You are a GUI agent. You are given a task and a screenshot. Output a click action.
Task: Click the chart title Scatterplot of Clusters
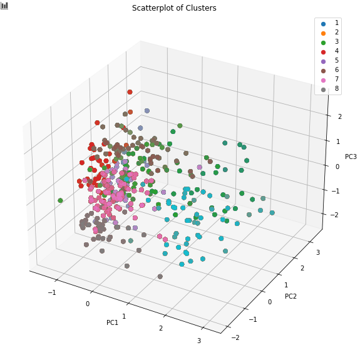coord(174,8)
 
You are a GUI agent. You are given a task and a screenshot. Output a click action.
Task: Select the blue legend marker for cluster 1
coord(323,24)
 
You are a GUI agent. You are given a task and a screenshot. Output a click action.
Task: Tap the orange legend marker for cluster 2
coord(323,33)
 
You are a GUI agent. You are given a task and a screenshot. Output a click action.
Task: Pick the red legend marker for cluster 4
coord(323,52)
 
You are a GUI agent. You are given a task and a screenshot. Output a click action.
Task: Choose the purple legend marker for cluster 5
coord(323,61)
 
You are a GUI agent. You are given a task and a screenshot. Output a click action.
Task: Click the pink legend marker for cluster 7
coord(323,80)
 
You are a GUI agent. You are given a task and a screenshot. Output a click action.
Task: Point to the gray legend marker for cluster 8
coord(323,90)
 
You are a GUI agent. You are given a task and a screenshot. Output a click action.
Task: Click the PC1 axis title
coord(112,322)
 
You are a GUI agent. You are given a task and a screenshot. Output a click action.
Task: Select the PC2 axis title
coord(291,296)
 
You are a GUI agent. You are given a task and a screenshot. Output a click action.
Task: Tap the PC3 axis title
coord(351,157)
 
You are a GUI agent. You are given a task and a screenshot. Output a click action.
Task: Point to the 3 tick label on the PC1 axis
coord(199,341)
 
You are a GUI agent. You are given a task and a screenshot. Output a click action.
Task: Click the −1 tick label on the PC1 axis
coord(52,292)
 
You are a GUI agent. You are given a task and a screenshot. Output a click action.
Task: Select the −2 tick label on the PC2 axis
coord(235,337)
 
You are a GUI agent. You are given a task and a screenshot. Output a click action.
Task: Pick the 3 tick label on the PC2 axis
coord(318,252)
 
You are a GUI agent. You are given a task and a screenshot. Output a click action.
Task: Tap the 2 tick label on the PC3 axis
coord(340,116)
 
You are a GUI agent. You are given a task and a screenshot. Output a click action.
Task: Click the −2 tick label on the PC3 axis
coord(334,215)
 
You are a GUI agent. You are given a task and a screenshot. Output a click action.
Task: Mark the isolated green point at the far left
coord(60,200)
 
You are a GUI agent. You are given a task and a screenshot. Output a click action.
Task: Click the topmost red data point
coord(130,92)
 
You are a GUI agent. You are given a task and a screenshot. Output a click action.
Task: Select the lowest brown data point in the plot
coord(160,277)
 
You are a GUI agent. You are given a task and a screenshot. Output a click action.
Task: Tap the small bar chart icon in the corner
coord(4,6)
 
